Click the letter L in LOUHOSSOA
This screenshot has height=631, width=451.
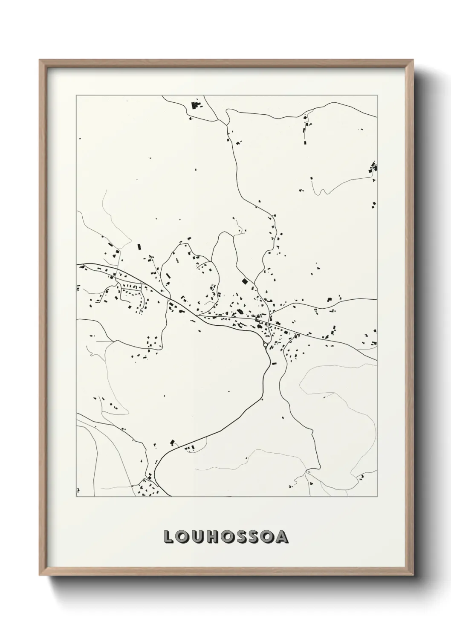coord(168,537)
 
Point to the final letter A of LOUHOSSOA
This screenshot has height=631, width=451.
coord(282,537)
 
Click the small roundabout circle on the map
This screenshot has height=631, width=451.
coord(265,345)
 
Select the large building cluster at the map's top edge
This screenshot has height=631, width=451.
coord(197,104)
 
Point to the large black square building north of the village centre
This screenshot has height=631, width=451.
coord(244,281)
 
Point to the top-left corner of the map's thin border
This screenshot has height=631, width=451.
coord(76,96)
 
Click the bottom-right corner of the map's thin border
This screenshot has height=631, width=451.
coord(377,497)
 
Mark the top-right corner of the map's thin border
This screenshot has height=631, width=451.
coord(377,96)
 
